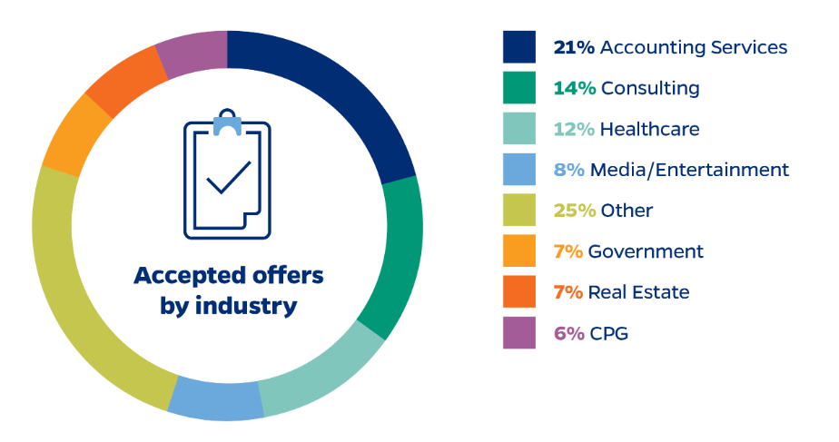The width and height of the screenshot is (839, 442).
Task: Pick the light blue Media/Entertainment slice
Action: point(215,399)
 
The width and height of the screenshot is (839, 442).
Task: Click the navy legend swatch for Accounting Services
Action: point(519,47)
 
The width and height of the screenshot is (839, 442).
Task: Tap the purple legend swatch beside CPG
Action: point(519,333)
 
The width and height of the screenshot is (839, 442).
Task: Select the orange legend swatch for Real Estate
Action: point(519,292)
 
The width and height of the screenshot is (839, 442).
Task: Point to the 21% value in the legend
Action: point(574,47)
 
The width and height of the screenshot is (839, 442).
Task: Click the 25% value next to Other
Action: point(574,211)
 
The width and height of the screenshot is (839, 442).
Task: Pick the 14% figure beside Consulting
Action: point(574,88)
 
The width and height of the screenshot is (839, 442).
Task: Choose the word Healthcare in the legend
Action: point(650,129)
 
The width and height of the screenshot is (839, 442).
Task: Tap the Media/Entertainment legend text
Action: point(689,170)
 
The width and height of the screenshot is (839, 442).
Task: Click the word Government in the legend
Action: point(646,251)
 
